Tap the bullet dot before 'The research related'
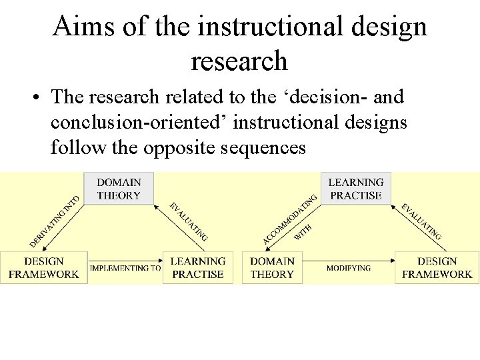click(x=33, y=98)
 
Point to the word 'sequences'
click(x=268, y=147)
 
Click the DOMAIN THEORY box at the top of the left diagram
click(x=119, y=189)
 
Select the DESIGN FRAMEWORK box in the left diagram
click(x=44, y=267)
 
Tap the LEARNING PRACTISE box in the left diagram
click(x=198, y=267)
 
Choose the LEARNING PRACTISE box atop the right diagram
click(x=356, y=189)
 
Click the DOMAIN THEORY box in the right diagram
click(x=272, y=267)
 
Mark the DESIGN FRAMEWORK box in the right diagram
click(x=437, y=267)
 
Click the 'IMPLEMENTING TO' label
click(x=125, y=268)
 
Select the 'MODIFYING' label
click(x=348, y=268)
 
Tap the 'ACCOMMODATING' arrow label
click(x=289, y=217)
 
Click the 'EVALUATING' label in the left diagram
click(x=189, y=221)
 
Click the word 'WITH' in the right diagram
click(x=303, y=233)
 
